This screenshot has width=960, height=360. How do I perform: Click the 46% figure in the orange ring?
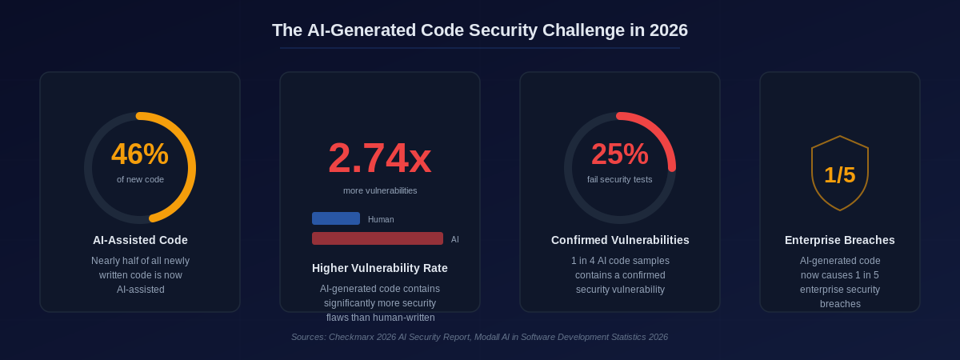(140, 154)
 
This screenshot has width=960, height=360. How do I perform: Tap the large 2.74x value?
(380, 158)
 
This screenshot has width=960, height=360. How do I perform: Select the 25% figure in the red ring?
(620, 154)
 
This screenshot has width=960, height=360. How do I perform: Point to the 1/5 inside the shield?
(840, 175)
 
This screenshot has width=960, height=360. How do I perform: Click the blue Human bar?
(336, 218)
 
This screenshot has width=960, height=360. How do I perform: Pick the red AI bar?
(378, 238)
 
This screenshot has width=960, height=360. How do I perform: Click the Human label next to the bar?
(381, 219)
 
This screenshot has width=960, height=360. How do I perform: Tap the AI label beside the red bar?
(455, 239)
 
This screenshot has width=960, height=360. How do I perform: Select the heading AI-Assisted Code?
(140, 240)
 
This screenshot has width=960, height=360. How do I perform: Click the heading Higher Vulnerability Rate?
(380, 268)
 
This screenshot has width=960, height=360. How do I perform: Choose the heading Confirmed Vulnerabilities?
(620, 240)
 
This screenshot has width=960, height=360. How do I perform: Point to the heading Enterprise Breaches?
(840, 240)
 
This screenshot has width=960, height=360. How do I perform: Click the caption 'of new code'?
(140, 179)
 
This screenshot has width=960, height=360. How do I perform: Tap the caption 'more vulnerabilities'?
(380, 190)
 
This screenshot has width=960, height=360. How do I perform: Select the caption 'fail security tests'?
(620, 179)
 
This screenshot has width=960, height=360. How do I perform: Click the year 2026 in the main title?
(668, 30)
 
